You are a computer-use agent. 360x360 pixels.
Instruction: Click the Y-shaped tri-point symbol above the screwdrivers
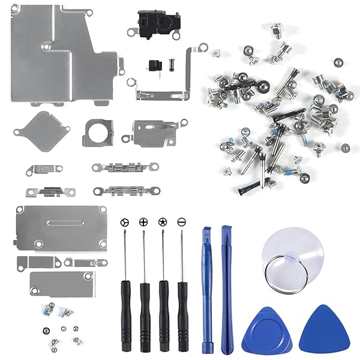tap(124, 222)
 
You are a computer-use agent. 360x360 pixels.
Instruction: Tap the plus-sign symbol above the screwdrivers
tap(143, 222)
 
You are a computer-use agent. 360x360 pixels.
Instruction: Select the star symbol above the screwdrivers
tap(162, 222)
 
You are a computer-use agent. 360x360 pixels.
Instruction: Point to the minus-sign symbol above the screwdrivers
tap(181, 222)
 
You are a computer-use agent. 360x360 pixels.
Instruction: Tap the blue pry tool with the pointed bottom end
tap(226, 288)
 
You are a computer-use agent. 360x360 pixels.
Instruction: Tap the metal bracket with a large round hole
tap(98, 131)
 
